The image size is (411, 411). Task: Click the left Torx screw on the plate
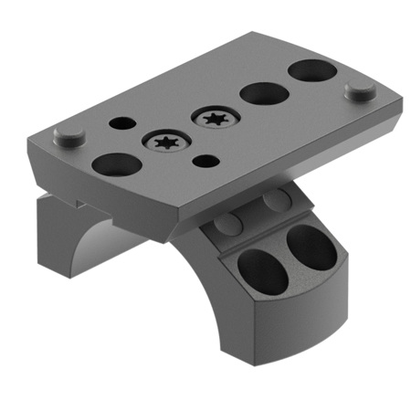click(x=166, y=142)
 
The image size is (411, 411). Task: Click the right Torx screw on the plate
click(x=216, y=118)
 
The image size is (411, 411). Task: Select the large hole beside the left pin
click(x=116, y=164)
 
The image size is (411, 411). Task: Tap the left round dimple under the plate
click(x=225, y=225)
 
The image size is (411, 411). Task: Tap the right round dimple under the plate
click(x=275, y=200)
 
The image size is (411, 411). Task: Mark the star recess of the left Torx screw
click(x=166, y=142)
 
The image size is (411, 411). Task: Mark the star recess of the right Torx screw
click(x=216, y=118)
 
